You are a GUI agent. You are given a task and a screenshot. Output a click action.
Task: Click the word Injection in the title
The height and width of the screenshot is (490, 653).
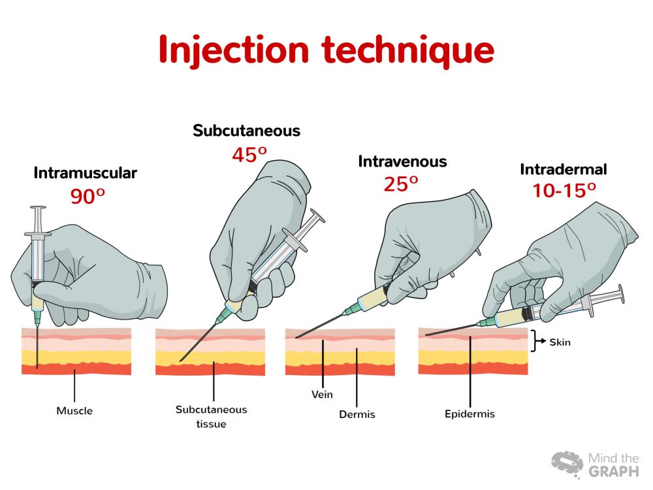coord(234,50)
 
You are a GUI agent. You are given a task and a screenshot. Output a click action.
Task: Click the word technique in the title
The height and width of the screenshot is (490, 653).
coord(408,50)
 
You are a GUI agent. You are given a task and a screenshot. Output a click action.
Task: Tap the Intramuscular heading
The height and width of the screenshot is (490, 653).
coord(86,173)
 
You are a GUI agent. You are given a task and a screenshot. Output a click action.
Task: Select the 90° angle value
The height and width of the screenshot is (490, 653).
coord(88,196)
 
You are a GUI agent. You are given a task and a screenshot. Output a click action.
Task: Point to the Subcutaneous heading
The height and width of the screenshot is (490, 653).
coord(247,131)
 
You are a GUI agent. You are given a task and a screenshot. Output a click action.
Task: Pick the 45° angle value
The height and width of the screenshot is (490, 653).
coord(249,155)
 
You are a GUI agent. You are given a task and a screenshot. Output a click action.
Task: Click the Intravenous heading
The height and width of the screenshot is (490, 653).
coord(402,161)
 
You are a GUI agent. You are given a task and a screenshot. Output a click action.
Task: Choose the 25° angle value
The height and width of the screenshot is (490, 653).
coord(401,184)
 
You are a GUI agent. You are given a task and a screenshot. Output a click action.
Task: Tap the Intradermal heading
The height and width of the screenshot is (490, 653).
coord(564,169)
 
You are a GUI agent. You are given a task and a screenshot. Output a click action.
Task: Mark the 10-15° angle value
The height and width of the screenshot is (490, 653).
coord(564,190)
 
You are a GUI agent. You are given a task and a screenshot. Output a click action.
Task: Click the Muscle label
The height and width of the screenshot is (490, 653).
coord(74,411)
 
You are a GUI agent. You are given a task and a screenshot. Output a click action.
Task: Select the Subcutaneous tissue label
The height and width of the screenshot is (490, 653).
coord(211,417)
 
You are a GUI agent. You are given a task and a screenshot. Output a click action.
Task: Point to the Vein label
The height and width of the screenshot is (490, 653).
coord(322,394)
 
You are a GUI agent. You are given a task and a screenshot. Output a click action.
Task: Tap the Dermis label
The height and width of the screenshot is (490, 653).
coord(357,415)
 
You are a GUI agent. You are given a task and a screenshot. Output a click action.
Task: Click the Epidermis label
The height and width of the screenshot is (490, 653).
coord(470,414)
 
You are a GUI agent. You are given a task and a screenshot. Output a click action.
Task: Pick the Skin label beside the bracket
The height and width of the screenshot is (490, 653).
coord(560,342)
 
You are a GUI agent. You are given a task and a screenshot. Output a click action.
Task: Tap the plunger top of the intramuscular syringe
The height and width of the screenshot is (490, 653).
coord(38,208)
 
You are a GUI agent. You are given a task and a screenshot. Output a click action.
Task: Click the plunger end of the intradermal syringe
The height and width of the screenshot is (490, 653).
coord(621,294)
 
